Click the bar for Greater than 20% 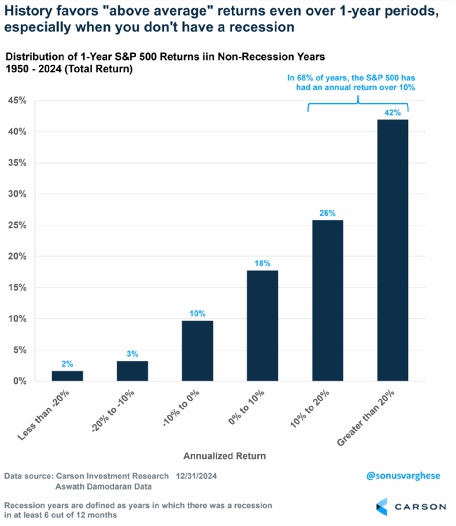pos(393,250)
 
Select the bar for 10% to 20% pos(327,300)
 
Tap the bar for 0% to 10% pos(262,325)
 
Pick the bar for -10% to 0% pos(197,351)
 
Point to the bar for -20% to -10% pos(132,371)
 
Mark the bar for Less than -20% pos(67,376)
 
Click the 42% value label pos(393,112)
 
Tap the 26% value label pos(327,213)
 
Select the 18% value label pos(262,263)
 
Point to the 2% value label pos(67,364)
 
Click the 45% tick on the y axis pos(17,101)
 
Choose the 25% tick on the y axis pos(17,225)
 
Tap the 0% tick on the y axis pos(20,381)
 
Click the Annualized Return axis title pos(224,456)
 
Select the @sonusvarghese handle pos(403,476)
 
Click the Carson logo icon pos(382,507)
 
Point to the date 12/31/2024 pos(196,476)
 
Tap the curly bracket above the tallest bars pos(358,104)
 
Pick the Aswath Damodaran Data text pos(104,486)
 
